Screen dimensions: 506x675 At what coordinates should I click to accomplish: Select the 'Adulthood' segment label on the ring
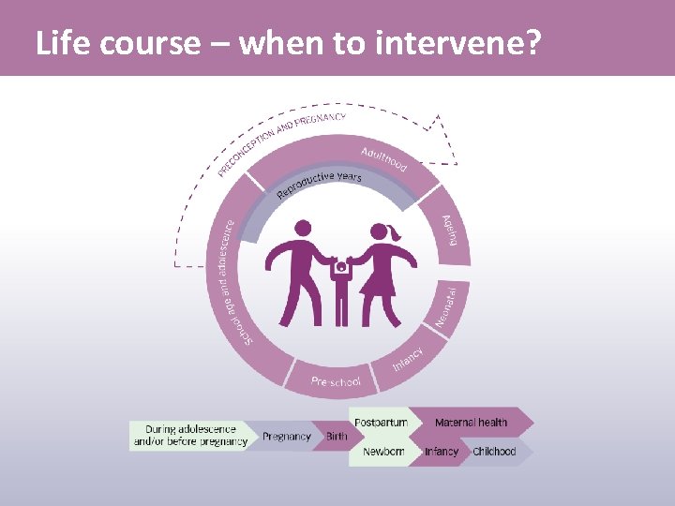point(383,158)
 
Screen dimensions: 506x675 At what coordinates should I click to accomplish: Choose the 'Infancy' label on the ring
point(408,358)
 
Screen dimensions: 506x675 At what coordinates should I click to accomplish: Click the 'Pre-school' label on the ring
point(336,382)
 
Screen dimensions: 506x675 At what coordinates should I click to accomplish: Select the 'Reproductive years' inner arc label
point(319,186)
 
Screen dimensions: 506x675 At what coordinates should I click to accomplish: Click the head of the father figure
point(303,228)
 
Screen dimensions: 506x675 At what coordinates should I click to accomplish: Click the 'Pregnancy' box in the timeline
point(286,437)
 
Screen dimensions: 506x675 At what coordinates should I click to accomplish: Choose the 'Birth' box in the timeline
point(337,437)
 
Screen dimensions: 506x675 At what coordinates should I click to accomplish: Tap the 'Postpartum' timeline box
point(382,423)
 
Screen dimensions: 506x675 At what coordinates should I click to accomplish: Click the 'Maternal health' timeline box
point(471,423)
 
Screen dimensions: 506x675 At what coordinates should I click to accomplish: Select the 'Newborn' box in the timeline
point(383,452)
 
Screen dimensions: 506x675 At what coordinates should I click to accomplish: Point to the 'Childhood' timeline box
point(494,452)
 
